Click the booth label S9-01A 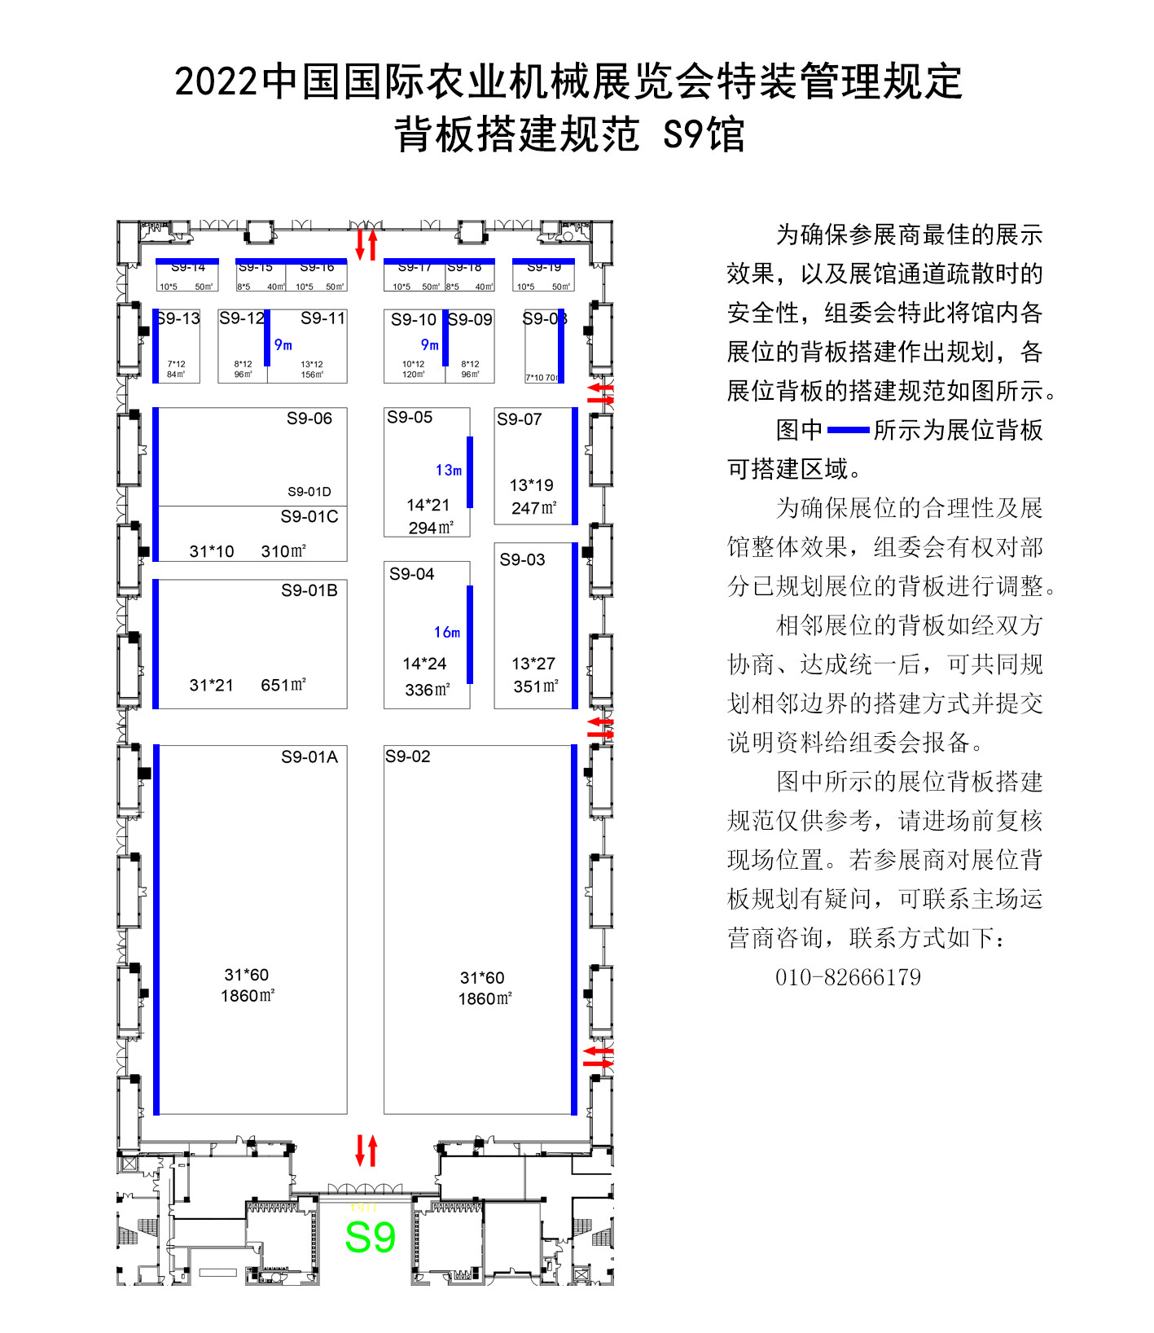309,757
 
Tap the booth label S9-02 408,756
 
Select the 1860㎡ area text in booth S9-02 485,999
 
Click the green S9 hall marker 370,1238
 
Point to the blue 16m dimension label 447,633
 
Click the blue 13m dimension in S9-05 449,471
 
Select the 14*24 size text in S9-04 424,664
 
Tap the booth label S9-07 520,419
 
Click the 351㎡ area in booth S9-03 536,686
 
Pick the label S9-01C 309,517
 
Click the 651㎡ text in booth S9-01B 283,685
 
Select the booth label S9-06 309,419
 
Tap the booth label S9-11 323,318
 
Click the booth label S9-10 414,320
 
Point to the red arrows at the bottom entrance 366,1151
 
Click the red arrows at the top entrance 366,244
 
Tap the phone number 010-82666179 848,977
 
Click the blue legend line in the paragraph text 848,430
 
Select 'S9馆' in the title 704,134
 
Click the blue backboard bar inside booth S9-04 470,634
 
